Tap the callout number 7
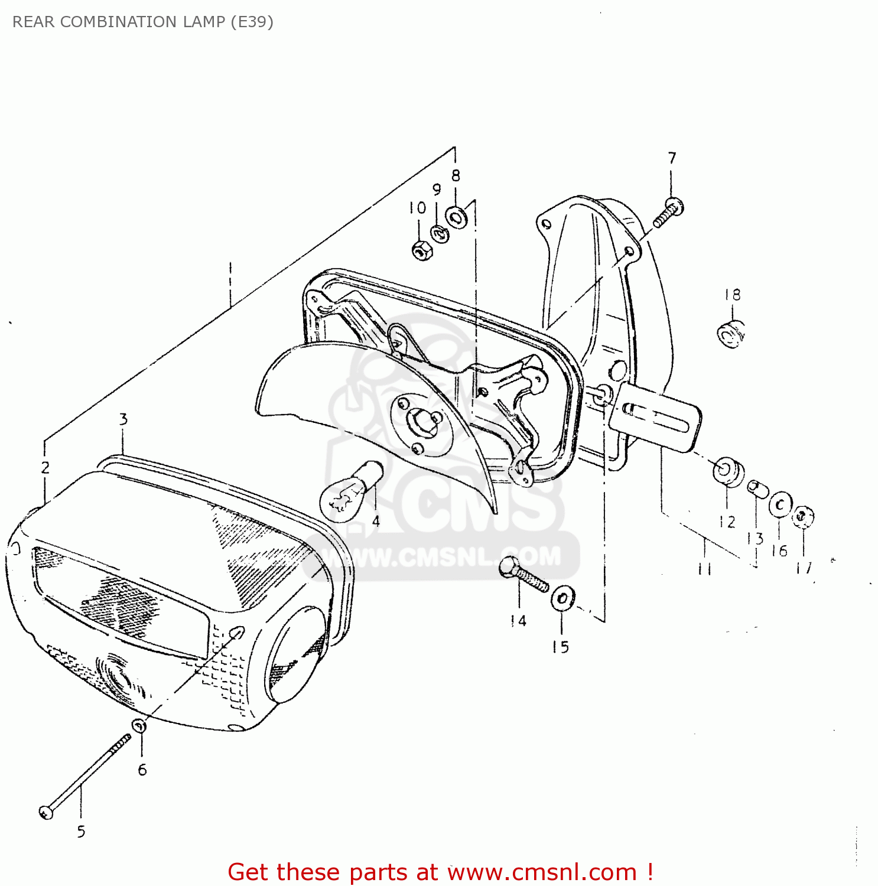tap(672, 158)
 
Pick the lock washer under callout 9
tap(439, 233)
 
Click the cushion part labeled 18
tap(730, 335)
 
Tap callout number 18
tap(732, 294)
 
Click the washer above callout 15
tap(562, 599)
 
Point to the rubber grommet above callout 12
tap(728, 471)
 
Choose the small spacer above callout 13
tap(757, 489)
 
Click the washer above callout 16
tap(780, 504)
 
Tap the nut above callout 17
tap(803, 516)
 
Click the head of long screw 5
tap(47, 812)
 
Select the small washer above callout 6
tap(139, 725)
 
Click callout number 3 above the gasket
tap(123, 419)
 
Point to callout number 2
tap(45, 468)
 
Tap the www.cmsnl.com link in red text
tap(542, 872)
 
